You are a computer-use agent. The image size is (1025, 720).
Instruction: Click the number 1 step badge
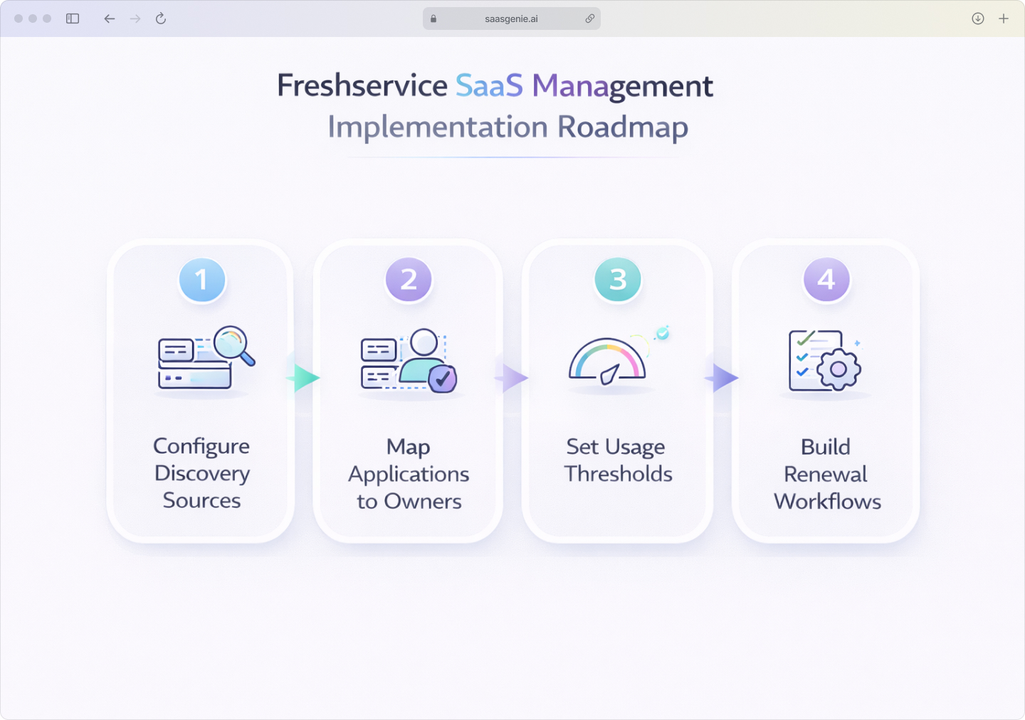(202, 280)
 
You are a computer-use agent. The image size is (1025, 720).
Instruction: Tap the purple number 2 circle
(409, 280)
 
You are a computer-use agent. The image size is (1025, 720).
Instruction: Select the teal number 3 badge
(618, 280)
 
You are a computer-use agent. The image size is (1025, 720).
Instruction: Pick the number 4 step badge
(826, 280)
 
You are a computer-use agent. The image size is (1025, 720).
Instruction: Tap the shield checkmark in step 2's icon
(443, 378)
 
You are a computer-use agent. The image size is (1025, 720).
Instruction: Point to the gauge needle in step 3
(611, 374)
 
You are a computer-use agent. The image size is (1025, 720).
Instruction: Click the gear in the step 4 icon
(839, 369)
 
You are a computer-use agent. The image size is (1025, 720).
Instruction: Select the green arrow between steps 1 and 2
(305, 378)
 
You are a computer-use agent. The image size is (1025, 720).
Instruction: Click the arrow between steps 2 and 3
(513, 378)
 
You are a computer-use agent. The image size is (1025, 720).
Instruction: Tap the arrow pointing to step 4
(723, 378)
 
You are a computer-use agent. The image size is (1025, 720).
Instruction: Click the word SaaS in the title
(489, 86)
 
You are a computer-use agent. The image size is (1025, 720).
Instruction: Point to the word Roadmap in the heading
(623, 127)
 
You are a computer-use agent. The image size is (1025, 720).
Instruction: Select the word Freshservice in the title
(362, 86)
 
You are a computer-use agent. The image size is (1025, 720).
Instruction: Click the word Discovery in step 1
(202, 473)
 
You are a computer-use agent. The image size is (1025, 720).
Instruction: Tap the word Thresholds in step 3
(618, 474)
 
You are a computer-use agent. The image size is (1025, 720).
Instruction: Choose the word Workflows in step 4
(827, 502)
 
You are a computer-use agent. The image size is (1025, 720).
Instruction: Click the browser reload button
(161, 18)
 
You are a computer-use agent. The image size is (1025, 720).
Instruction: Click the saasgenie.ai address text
(511, 19)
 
